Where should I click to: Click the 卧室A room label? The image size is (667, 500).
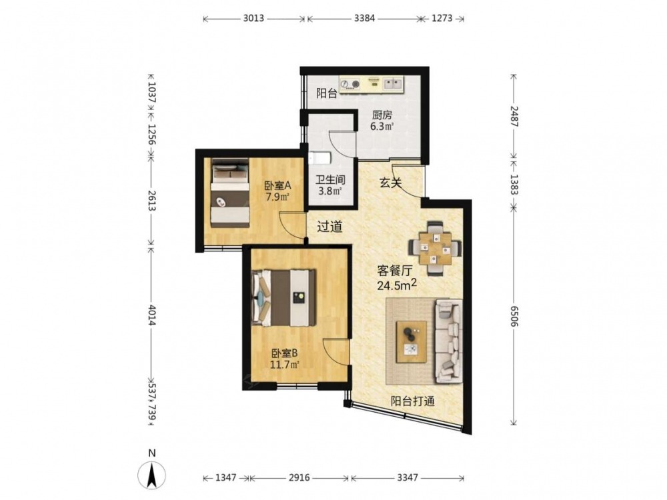[x=277, y=186]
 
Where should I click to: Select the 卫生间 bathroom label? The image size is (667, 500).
[x=331, y=180]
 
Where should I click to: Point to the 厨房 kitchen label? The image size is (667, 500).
[x=382, y=115]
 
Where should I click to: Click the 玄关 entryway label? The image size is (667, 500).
[x=390, y=183]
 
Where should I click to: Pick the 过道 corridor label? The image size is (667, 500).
[x=329, y=227]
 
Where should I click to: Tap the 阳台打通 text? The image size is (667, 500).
[x=413, y=401]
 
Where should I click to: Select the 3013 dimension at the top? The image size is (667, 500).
[x=253, y=18]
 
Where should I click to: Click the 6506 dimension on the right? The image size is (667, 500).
[x=514, y=316]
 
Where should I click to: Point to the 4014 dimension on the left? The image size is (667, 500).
[x=151, y=316]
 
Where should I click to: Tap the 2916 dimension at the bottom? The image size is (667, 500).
[x=299, y=478]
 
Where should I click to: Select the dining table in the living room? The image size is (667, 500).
[x=435, y=248]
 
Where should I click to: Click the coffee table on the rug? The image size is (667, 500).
[x=412, y=342]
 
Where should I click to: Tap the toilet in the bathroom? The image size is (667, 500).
[x=319, y=159]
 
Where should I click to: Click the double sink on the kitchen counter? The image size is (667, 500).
[x=394, y=83]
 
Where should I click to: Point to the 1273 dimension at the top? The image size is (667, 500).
[x=442, y=18]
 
